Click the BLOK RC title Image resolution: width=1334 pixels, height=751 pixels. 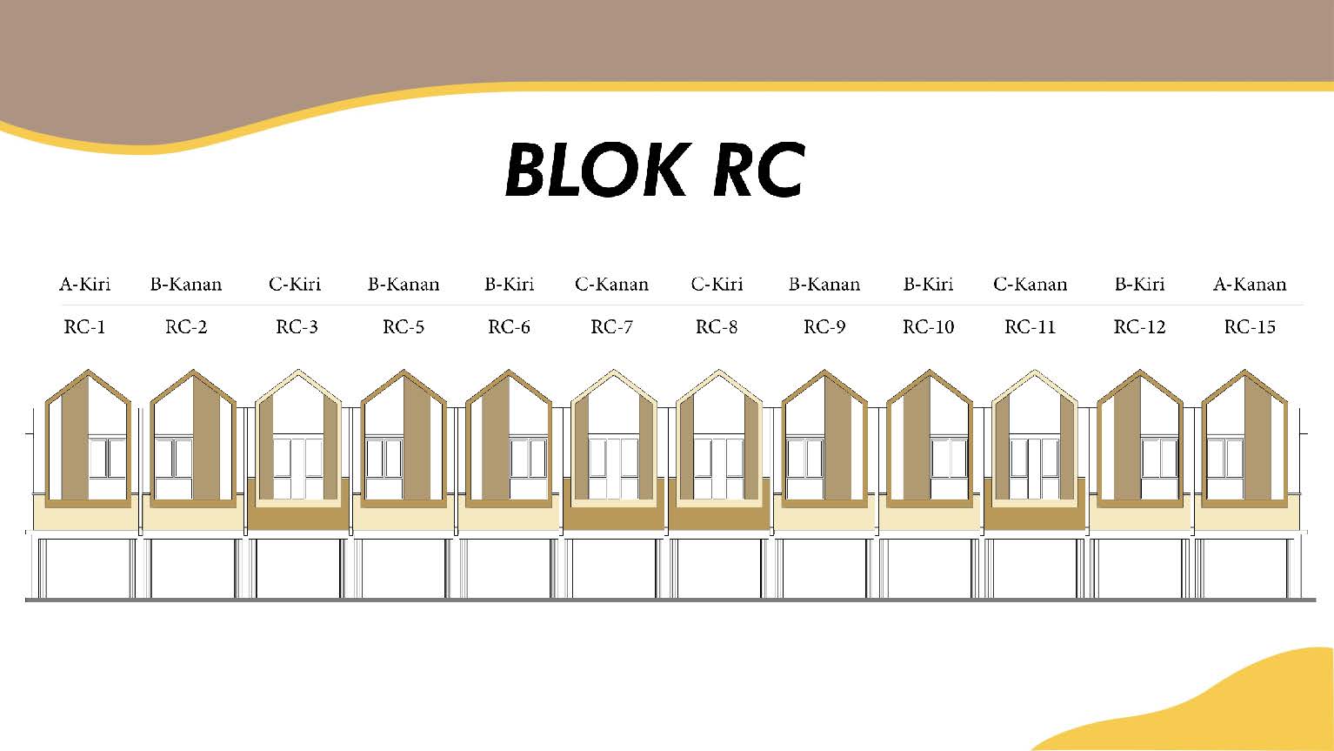tap(654, 171)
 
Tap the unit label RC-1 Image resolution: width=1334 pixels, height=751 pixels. tap(84, 327)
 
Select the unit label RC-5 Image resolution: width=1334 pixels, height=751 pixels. tap(404, 327)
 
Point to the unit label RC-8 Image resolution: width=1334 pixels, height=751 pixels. tap(717, 327)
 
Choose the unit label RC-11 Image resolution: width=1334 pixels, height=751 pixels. tap(1030, 327)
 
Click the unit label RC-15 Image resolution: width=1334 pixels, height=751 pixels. tap(1250, 327)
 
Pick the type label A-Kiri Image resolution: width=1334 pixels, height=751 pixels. tap(84, 285)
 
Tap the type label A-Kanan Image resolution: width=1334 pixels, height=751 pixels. tap(1250, 285)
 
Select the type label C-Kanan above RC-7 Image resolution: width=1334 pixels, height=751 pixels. tap(611, 285)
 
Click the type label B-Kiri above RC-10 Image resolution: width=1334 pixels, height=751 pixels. tap(928, 285)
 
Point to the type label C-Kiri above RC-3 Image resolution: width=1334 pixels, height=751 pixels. tap(295, 285)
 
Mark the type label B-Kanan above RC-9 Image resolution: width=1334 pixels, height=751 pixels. tap(824, 285)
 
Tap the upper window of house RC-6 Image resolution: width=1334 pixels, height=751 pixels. tap(528, 459)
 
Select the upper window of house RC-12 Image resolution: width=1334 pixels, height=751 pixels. tap(1159, 459)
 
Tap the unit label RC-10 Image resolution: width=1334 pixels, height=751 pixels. tap(928, 327)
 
